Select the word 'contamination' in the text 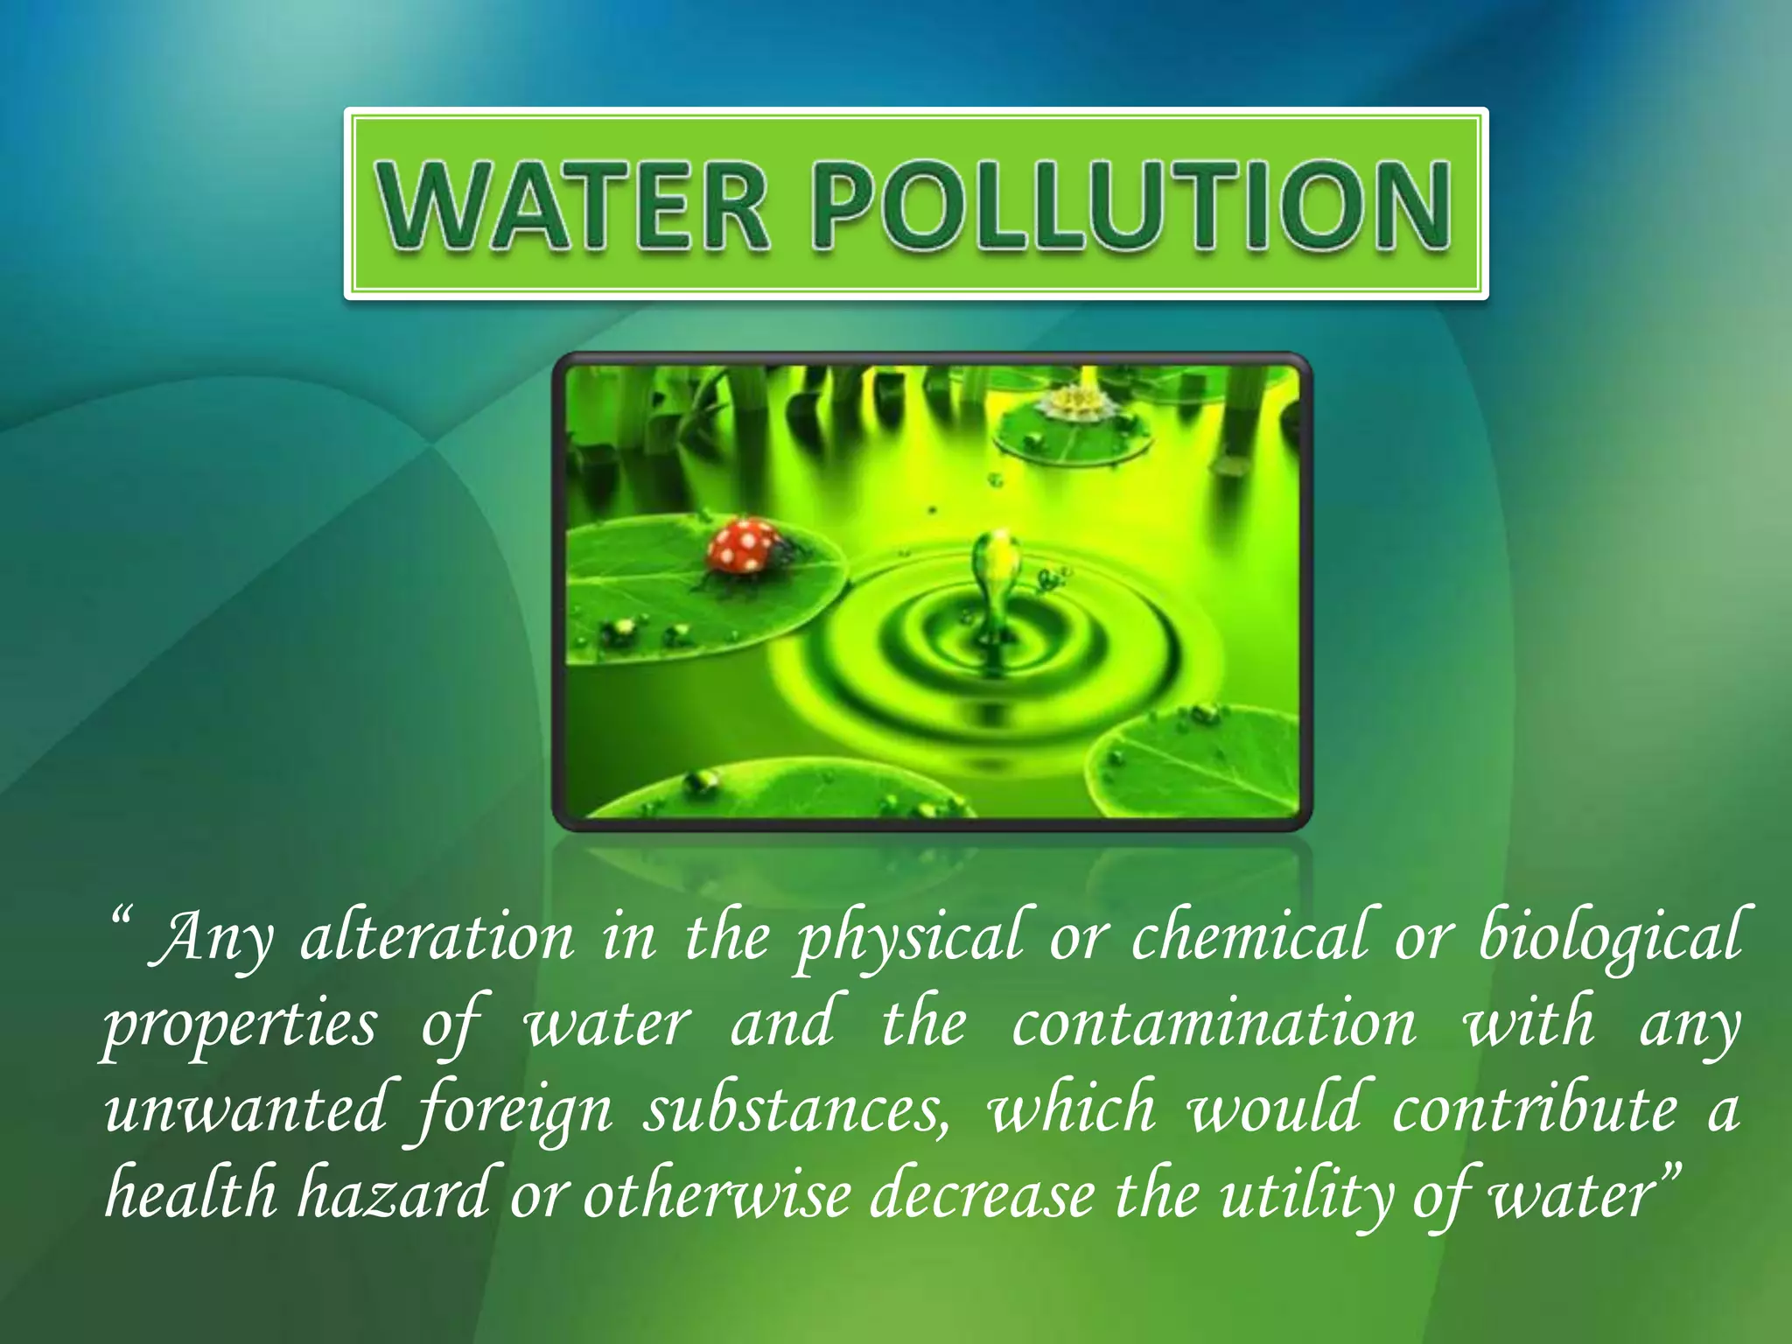1214,1024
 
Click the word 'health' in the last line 191,1194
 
